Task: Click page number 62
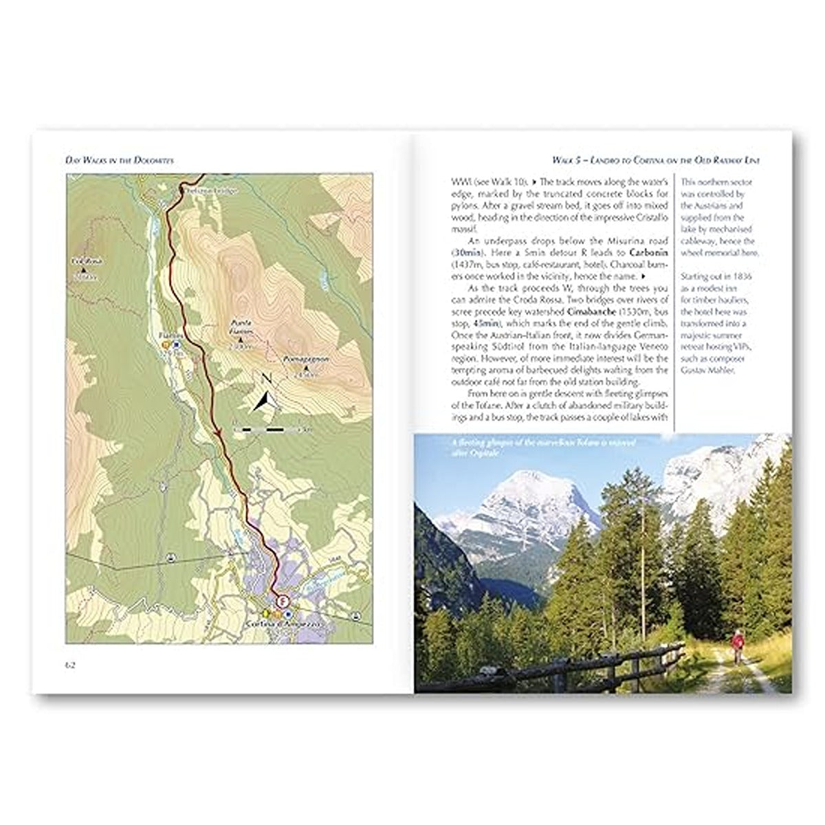pyautogui.click(x=70, y=664)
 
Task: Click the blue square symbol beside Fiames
pyautogui.click(x=176, y=344)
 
